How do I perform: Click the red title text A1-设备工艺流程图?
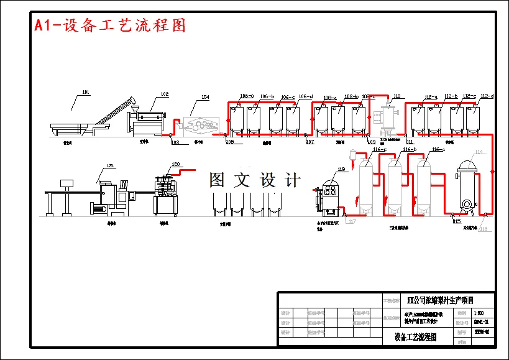pyautogui.click(x=110, y=25)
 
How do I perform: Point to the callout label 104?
pyautogui.click(x=204, y=98)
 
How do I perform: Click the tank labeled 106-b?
pyautogui.click(x=254, y=119)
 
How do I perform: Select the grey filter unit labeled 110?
pyautogui.click(x=389, y=118)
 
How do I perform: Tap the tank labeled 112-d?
pyautogui.click(x=474, y=119)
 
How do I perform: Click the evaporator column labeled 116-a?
pyautogui.click(x=424, y=183)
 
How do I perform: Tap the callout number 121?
pyautogui.click(x=111, y=165)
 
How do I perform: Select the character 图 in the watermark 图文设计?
pyautogui.click(x=218, y=180)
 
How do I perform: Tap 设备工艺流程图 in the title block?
pyautogui.click(x=415, y=337)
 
